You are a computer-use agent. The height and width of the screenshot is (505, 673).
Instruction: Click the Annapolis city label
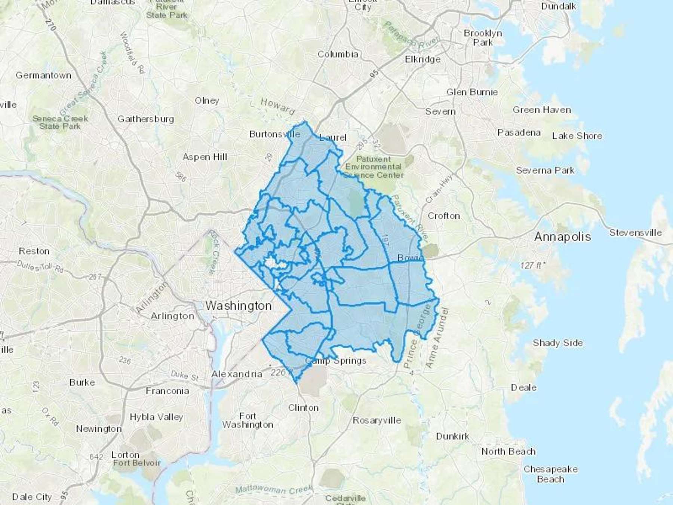pos(563,237)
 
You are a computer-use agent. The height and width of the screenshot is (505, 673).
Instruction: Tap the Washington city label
pos(239,306)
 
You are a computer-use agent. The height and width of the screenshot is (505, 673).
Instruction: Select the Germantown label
pos(43,75)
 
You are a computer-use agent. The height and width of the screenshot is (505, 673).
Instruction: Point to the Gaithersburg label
pos(145,119)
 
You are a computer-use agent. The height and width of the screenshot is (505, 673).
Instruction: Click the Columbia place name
pos(338,54)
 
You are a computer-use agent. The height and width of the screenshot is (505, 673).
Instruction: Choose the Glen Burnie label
pos(472,92)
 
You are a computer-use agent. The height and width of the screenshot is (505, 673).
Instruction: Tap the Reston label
pos(34,251)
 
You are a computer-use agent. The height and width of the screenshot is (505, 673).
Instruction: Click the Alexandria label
pos(237,374)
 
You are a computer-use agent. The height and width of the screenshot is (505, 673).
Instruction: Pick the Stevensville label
pos(636,233)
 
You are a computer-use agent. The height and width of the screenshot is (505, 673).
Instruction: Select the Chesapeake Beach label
pos(550,474)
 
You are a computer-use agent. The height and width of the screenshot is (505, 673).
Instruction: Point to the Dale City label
pos(32,497)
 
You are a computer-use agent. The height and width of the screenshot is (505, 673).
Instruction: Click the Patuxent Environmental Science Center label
pos(374,167)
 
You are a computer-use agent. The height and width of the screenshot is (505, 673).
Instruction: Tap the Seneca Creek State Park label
pos(60,122)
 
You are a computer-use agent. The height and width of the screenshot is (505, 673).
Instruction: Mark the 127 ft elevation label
pos(532,266)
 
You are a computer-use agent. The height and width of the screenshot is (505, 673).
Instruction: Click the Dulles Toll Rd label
pos(40,267)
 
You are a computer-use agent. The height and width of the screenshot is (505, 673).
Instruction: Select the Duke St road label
pos(184,375)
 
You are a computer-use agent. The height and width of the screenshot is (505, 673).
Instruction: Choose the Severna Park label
pos(545,171)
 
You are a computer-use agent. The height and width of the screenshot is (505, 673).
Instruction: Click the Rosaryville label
pos(377,420)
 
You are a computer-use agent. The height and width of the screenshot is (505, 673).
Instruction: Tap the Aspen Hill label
pos(205,157)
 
